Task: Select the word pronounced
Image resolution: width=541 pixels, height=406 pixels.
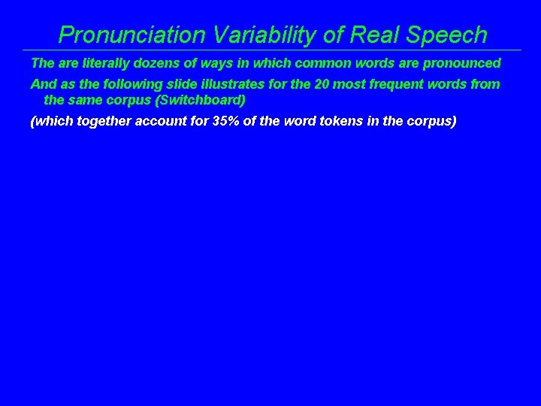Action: pyautogui.click(x=464, y=63)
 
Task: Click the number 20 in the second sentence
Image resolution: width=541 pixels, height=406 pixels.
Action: pyautogui.click(x=321, y=84)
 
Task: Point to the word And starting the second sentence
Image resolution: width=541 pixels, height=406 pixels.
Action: pyautogui.click(x=41, y=84)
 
